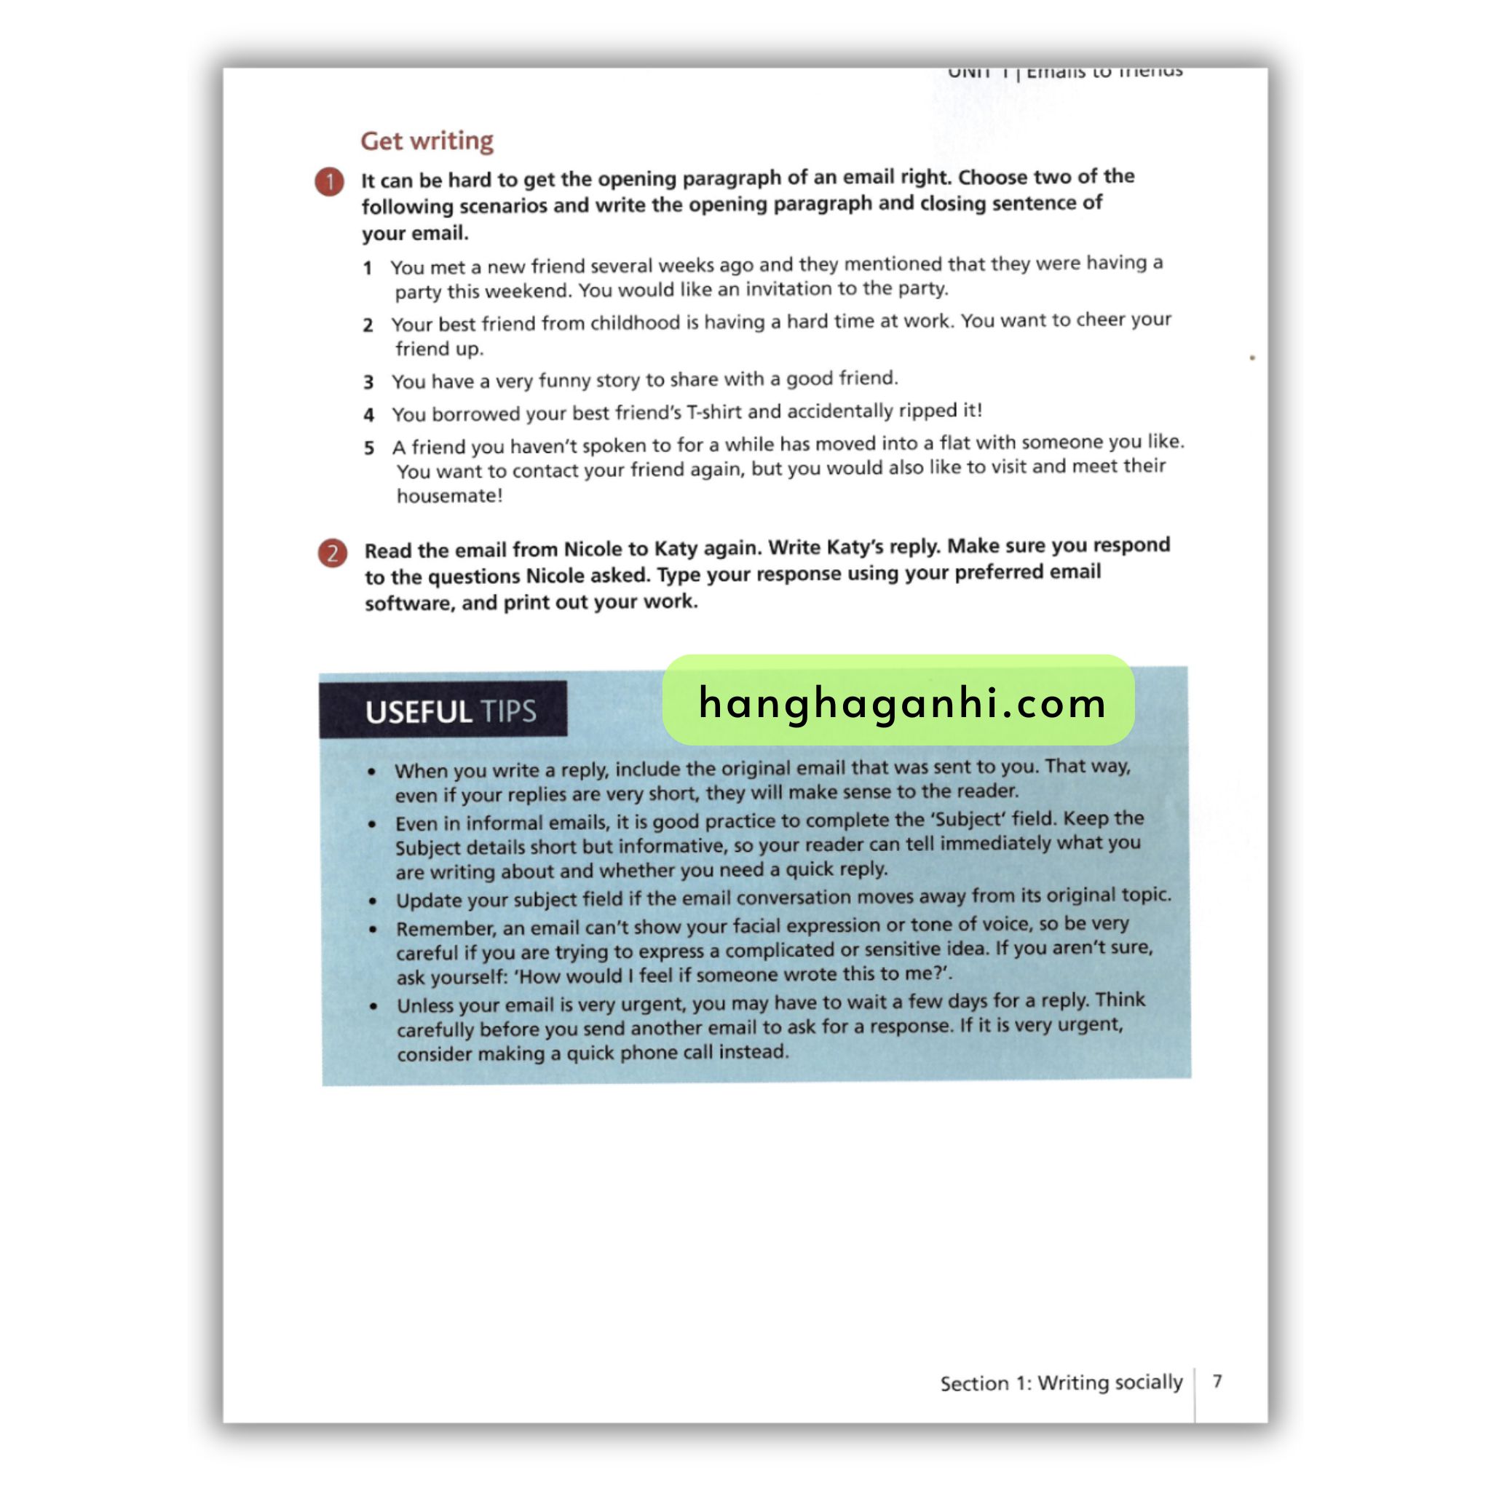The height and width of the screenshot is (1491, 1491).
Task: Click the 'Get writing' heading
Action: [427, 141]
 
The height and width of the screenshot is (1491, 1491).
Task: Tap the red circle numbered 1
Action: [330, 181]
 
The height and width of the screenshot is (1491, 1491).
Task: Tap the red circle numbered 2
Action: [333, 553]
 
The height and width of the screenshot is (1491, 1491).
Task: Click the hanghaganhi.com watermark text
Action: [901, 703]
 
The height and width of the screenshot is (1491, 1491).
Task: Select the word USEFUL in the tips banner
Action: [419, 711]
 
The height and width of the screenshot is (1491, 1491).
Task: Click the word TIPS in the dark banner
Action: [508, 711]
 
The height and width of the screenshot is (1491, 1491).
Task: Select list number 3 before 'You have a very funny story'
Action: [369, 382]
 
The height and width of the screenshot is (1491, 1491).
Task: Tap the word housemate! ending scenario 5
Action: [450, 496]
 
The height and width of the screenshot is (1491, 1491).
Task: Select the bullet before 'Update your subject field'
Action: [373, 901]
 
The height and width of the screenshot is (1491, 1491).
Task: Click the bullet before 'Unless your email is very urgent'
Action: [374, 1005]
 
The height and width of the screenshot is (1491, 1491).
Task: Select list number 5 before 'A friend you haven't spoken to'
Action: [369, 448]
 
